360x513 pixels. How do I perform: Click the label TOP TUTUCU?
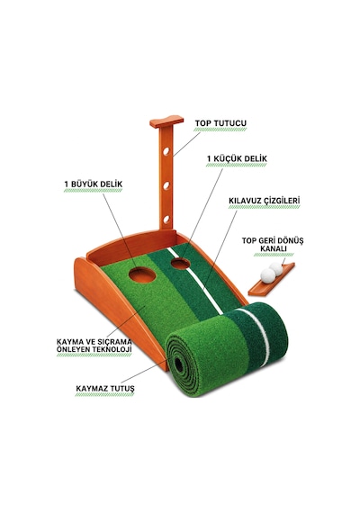coord(220,123)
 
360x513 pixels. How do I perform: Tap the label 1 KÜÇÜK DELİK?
coord(237,158)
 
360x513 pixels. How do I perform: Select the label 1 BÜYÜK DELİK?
coord(94,184)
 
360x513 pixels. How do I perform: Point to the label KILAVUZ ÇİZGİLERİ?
coord(264,201)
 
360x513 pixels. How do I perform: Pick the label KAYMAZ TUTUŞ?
coord(105,389)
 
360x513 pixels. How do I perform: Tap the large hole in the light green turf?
coord(141,274)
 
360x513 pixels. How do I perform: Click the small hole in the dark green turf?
coord(180,264)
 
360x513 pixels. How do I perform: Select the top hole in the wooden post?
coord(166,151)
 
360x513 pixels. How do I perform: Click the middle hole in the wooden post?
coord(166,185)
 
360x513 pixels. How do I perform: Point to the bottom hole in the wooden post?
coord(166,220)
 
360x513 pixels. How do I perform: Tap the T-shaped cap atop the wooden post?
coord(166,121)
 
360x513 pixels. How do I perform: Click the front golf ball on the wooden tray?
coord(268,275)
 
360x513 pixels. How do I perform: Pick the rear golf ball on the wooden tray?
coord(276,268)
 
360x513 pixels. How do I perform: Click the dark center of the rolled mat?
coord(179,364)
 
